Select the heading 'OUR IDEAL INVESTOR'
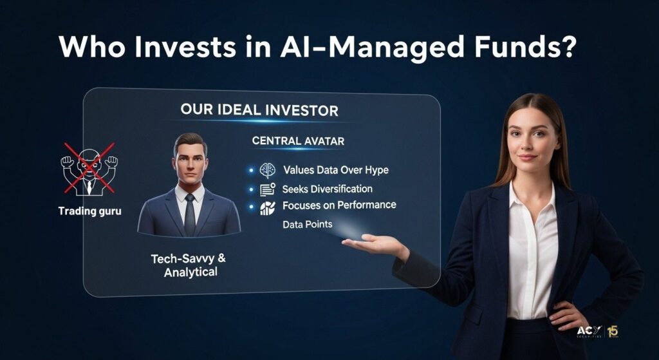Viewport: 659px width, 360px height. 259,110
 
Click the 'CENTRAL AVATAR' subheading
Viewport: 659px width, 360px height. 298,140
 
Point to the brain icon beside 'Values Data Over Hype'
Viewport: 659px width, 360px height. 267,170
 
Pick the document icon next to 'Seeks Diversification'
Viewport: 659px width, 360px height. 267,189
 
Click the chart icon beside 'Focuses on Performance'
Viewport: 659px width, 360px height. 267,208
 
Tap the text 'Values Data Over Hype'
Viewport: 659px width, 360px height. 335,170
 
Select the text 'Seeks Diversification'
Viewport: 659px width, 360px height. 327,189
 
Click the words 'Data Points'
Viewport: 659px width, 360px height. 307,224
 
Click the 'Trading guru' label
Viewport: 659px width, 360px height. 89,211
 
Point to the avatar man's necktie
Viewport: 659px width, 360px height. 190,214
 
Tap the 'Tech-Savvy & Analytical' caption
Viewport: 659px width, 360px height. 189,265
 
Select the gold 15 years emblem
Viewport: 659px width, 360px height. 613,332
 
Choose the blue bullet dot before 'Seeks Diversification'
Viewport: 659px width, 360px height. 252,189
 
